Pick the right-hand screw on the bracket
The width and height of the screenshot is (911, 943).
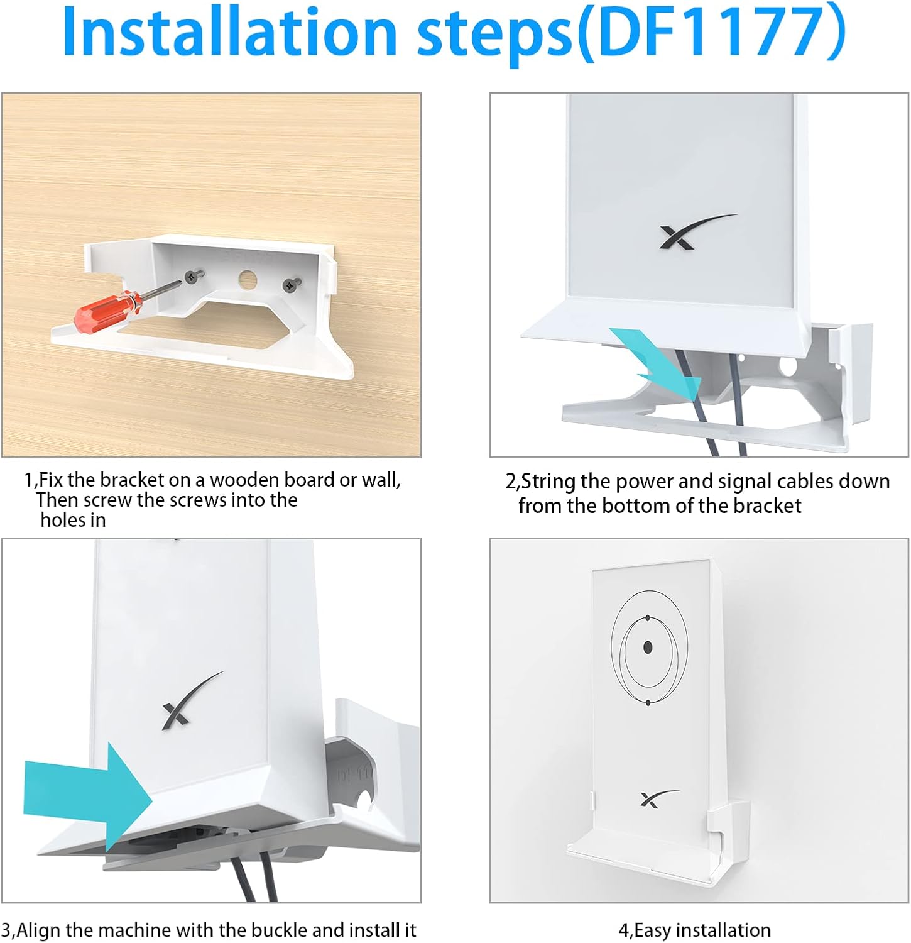(x=290, y=284)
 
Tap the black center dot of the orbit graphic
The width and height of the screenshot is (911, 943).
(x=648, y=648)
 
